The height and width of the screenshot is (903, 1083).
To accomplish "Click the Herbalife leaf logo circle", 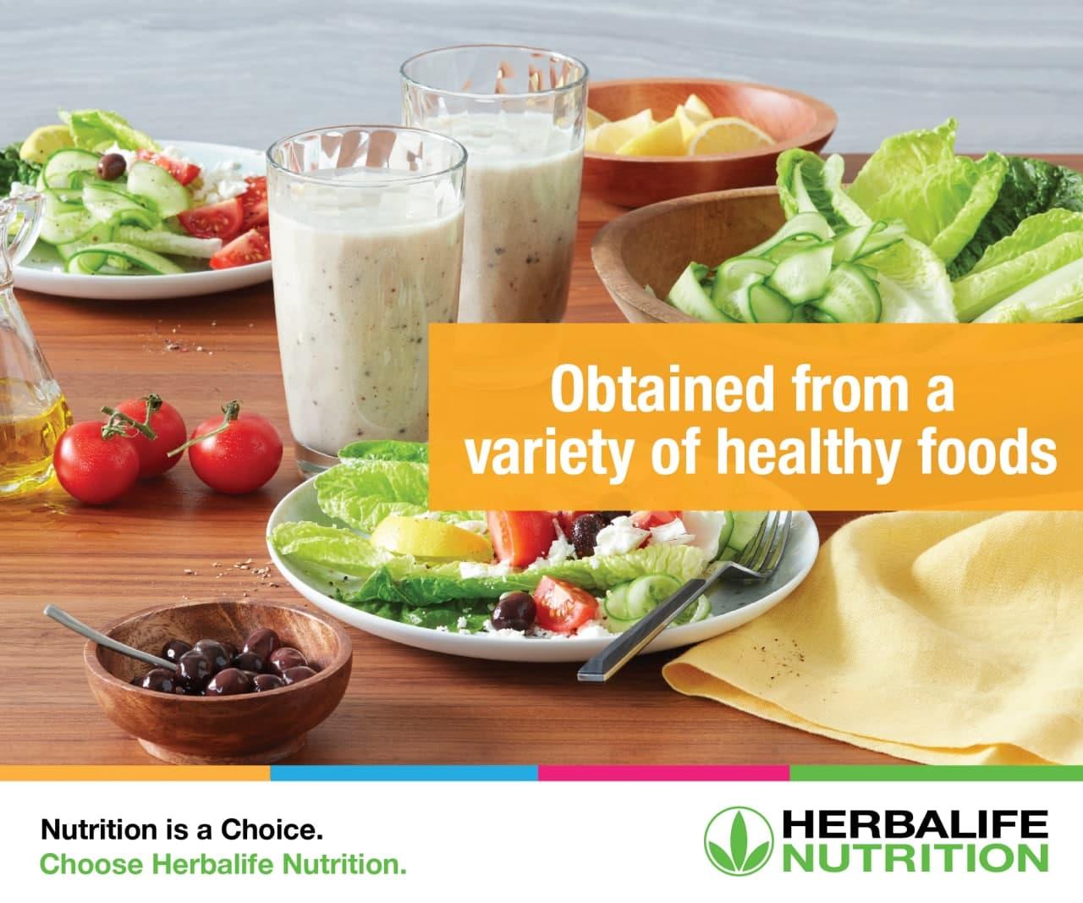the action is coord(739,841).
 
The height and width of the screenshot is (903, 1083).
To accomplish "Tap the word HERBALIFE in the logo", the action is coord(915,824).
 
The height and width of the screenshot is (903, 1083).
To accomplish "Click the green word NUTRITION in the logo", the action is coord(915,858).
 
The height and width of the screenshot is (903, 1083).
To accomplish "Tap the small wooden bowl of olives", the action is coord(217,679).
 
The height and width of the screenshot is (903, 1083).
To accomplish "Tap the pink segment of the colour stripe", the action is coord(664,773).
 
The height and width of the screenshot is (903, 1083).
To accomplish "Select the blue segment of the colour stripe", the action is coord(404,773).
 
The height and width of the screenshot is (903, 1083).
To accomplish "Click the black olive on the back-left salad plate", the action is coord(112,167).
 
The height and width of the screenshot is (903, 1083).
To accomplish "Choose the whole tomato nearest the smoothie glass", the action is coord(235,452).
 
